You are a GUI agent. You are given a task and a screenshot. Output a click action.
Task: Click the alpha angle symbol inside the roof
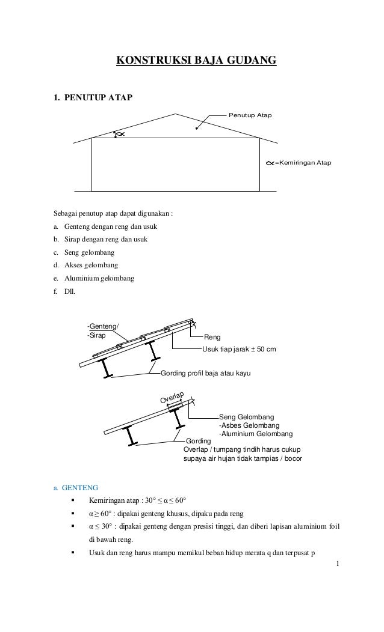click(x=120, y=134)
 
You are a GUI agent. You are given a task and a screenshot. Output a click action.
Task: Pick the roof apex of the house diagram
click(x=176, y=113)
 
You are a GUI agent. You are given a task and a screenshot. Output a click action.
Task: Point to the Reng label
click(x=212, y=338)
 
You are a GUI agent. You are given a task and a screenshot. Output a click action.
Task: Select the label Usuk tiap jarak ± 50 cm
click(x=239, y=349)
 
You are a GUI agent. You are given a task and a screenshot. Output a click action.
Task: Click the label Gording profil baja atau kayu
click(x=205, y=374)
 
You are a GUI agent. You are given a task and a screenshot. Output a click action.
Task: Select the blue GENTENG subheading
click(x=76, y=487)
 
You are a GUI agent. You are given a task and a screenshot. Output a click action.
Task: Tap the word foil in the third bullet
click(x=332, y=527)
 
